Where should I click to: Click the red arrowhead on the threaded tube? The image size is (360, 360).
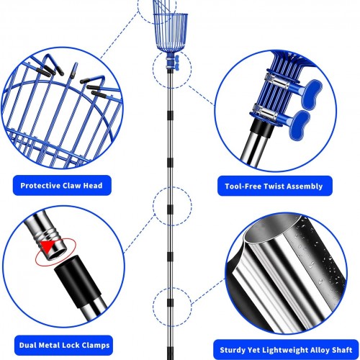coord(48,246)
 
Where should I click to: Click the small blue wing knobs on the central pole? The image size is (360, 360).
coord(176,63)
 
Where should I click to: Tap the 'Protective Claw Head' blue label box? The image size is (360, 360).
coord(62,185)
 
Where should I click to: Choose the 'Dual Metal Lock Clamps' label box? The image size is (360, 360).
coord(63,346)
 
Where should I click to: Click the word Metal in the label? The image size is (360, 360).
coord(50,345)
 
